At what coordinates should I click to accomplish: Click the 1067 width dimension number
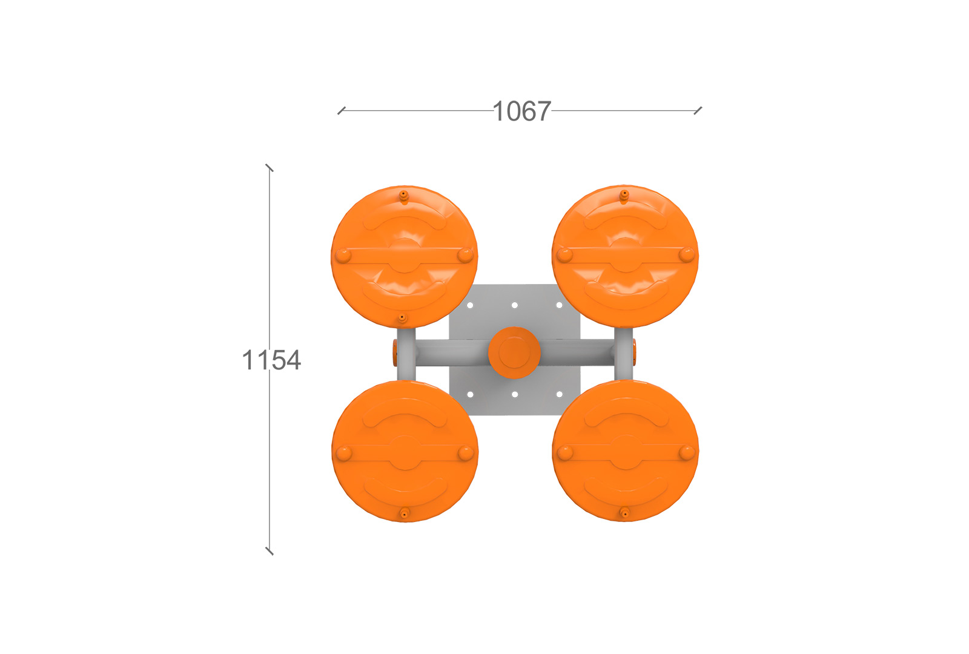pos(521,111)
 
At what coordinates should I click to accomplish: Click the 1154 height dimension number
pos(271,360)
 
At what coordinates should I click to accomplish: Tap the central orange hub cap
pos(514,352)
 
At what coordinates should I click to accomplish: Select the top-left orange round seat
pos(405,257)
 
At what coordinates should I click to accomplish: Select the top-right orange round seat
pos(625,256)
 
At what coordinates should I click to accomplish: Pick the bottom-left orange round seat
pos(405,451)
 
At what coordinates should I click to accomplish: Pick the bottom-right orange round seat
pos(626,451)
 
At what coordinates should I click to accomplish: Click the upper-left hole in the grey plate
pos(470,305)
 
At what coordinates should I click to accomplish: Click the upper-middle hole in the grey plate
pos(515,305)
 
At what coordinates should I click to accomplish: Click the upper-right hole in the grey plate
pos(560,305)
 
